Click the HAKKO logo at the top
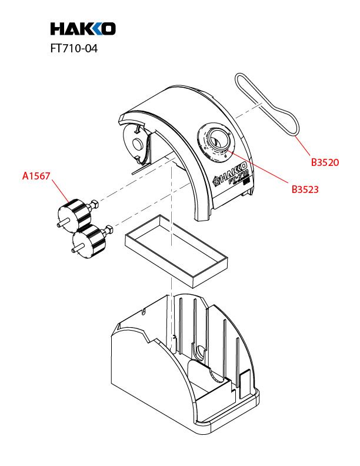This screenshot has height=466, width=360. coord(82,28)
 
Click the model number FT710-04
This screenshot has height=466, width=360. coord(74,49)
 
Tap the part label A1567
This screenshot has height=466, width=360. coord(36,175)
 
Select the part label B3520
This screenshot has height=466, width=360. coord(325,162)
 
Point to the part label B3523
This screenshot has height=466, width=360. coord(305,189)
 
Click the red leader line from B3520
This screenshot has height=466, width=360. coord(302,144)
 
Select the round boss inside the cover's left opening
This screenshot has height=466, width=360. coord(136,144)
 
